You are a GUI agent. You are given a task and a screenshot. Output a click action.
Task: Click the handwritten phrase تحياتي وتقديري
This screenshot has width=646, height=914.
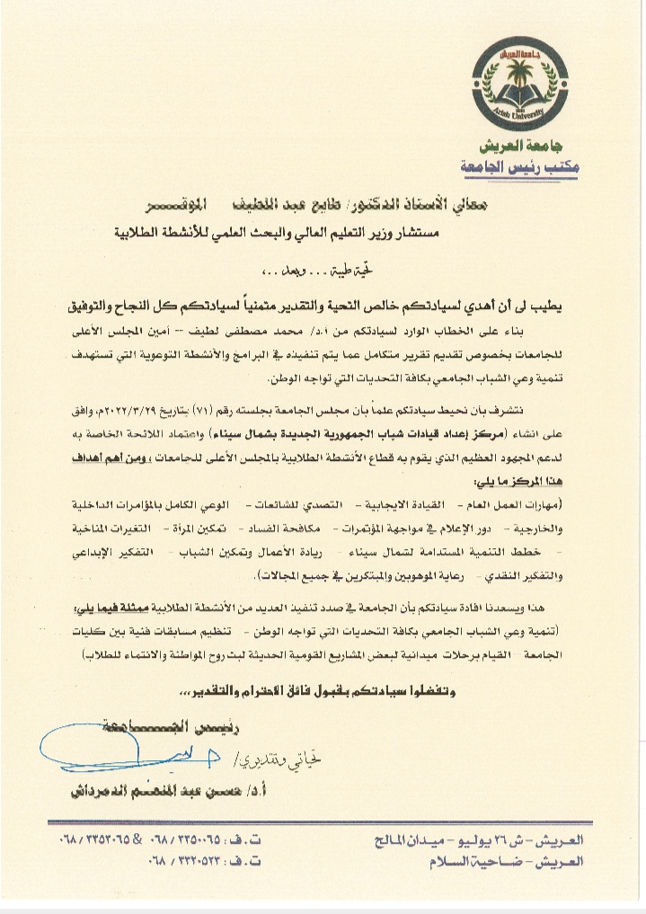tap(279, 758)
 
